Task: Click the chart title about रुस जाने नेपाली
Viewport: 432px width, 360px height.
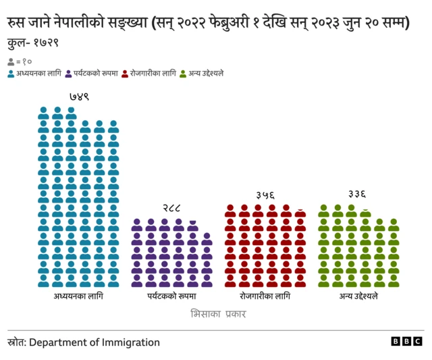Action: click(209, 24)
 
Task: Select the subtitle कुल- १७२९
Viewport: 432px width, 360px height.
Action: click(33, 44)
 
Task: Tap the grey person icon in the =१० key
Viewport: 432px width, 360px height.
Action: click(11, 61)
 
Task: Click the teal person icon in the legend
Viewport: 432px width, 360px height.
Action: click(11, 73)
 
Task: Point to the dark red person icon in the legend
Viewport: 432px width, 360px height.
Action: click(125, 73)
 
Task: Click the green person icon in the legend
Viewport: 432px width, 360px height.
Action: click(182, 73)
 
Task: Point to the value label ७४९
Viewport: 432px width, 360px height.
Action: click(78, 97)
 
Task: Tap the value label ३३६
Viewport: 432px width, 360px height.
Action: click(358, 195)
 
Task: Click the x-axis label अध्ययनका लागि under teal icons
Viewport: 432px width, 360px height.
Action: click(78, 297)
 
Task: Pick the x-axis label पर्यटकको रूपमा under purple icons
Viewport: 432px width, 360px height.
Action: click(171, 297)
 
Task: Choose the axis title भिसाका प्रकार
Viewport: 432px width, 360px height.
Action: click(218, 314)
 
